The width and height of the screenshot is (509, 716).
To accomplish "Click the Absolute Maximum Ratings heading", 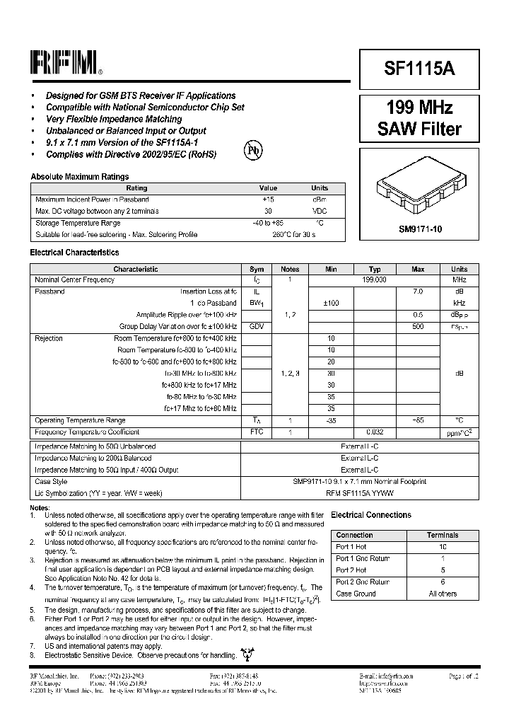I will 79,177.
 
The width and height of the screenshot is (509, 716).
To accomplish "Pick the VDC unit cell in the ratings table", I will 320,212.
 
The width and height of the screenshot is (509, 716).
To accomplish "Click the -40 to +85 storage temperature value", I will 268,223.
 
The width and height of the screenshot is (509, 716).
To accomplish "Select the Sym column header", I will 257,269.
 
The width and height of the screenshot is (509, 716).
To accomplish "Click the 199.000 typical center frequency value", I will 375,280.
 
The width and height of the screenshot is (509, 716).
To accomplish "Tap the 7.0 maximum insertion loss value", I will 418,291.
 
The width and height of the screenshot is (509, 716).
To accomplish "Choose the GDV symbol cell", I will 257,326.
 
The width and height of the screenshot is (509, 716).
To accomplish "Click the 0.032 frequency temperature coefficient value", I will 375,432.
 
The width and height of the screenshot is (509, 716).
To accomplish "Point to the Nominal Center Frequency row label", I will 74,280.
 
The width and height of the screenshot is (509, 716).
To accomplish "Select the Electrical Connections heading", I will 371,515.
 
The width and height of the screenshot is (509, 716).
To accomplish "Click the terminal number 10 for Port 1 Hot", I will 443,547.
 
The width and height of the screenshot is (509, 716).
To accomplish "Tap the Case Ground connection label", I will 356,594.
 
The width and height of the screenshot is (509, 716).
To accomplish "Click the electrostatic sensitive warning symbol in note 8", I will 246,656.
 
